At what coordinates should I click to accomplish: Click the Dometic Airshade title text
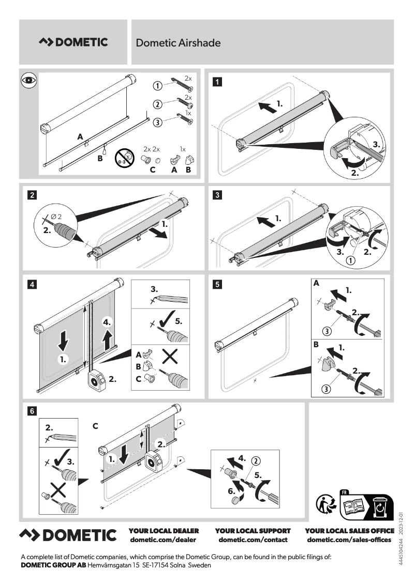pos(178,43)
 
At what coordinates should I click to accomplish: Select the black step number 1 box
pos(218,81)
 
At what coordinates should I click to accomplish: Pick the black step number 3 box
pos(218,195)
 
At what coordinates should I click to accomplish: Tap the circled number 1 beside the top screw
pos(158,86)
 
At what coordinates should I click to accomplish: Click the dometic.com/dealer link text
pos(164,540)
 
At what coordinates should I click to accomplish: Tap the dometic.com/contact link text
pos(253,540)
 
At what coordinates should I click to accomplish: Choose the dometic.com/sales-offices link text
pos(349,540)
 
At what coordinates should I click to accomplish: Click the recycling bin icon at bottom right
pos(380,507)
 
